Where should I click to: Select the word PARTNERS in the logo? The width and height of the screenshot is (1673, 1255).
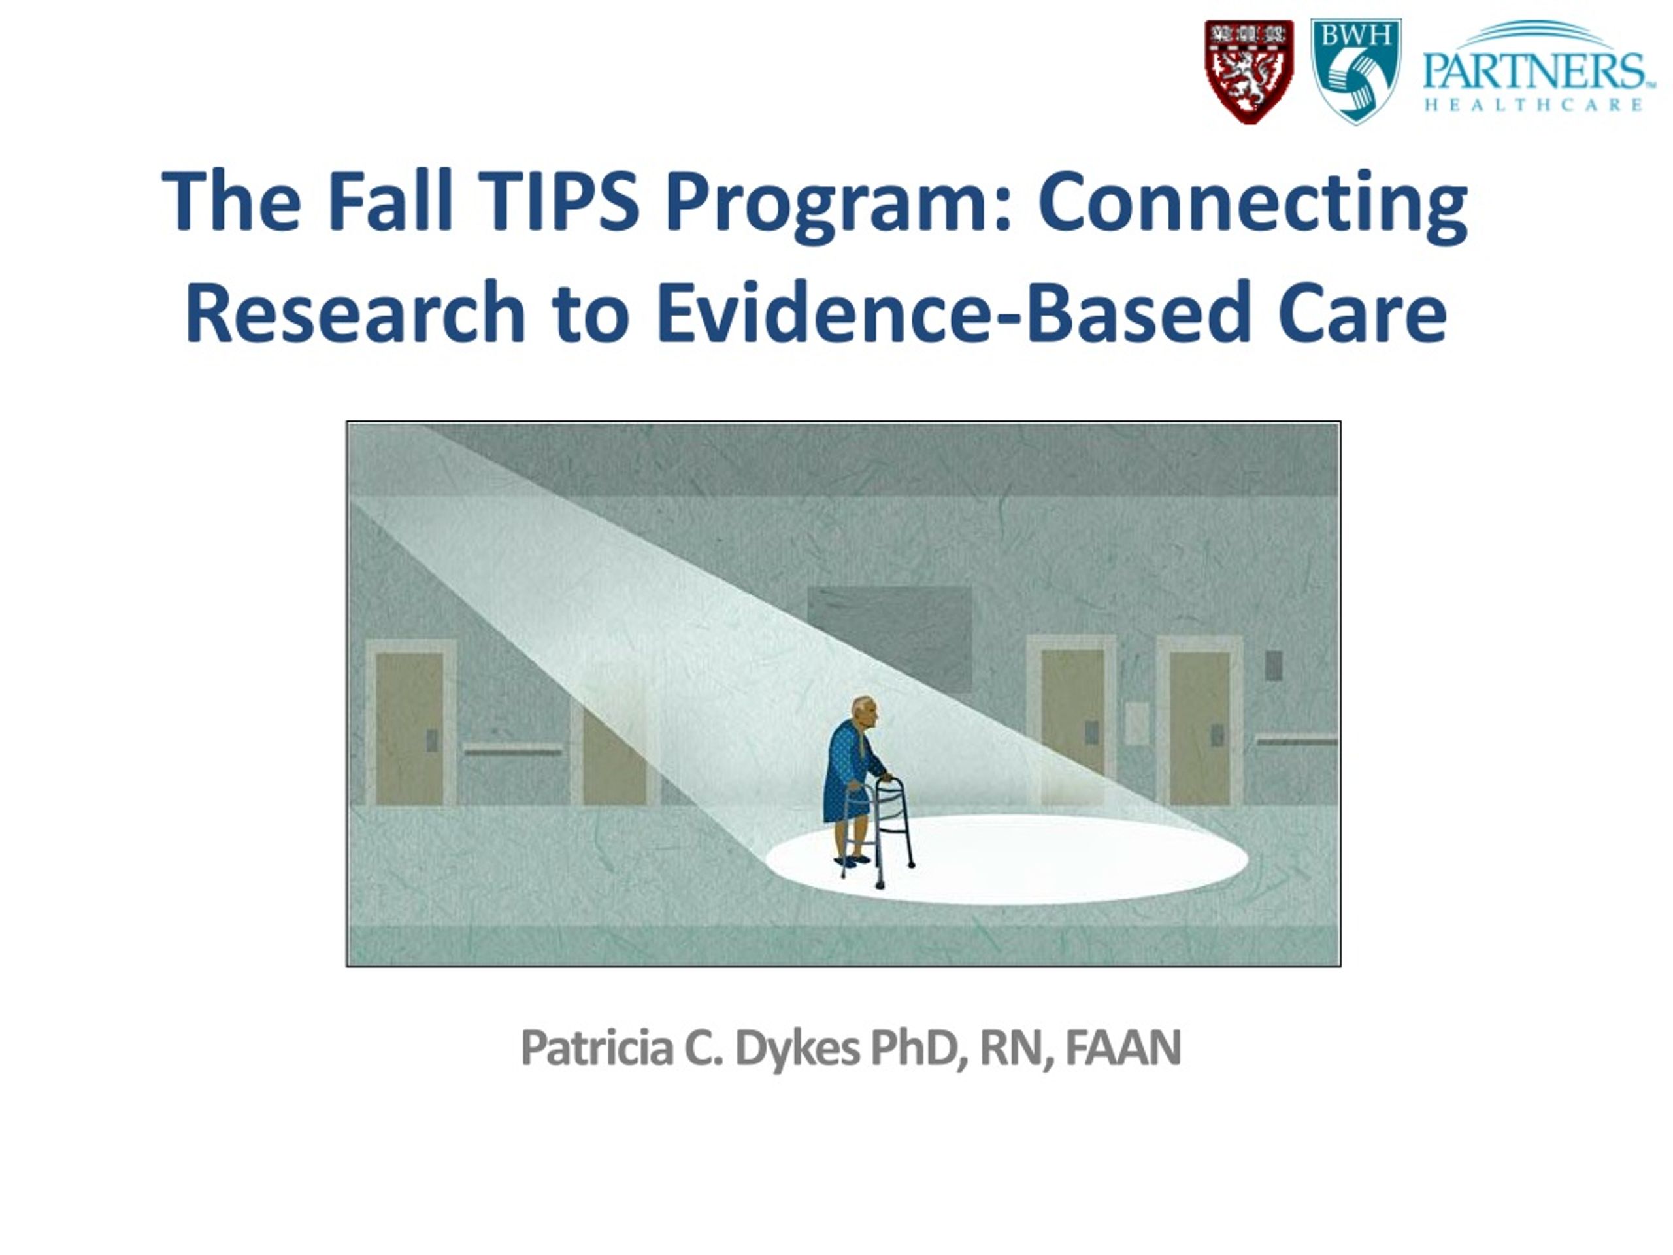(x=1533, y=72)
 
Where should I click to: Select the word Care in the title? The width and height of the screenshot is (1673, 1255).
(x=1362, y=312)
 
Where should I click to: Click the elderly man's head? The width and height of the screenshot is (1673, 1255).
(x=864, y=711)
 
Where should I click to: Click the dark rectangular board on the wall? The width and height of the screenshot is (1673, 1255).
(x=889, y=639)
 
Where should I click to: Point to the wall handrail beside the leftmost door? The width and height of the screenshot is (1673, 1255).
(x=513, y=750)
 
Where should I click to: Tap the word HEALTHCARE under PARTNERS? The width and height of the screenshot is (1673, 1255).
(x=1533, y=105)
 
